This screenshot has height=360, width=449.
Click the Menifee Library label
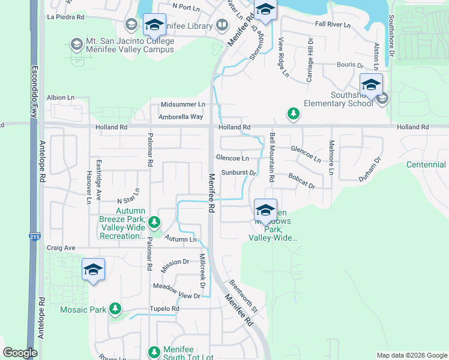tap(187, 26)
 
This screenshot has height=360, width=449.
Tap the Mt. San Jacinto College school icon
tap(76, 44)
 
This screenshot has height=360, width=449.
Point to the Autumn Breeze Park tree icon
tap(154, 223)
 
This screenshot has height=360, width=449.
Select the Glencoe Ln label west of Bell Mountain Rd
tap(232, 158)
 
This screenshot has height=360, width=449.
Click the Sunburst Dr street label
tap(238, 173)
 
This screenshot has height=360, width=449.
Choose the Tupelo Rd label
tap(166, 309)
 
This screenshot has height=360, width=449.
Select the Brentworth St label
tap(243, 296)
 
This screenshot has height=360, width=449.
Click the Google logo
tap(20, 353)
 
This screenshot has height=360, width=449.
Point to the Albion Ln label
tap(61, 97)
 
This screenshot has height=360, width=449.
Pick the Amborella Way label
tap(181, 116)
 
